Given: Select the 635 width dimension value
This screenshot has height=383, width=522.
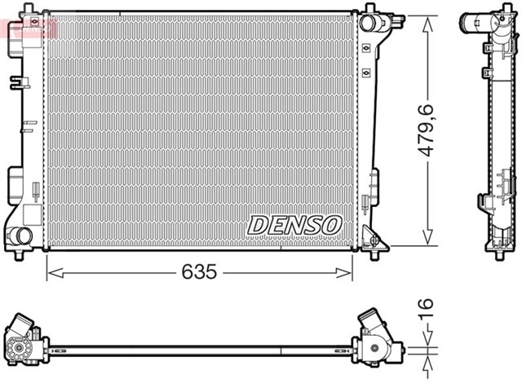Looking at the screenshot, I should point(199,272).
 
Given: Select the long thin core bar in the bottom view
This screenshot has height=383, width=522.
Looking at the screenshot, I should point(200,350).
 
